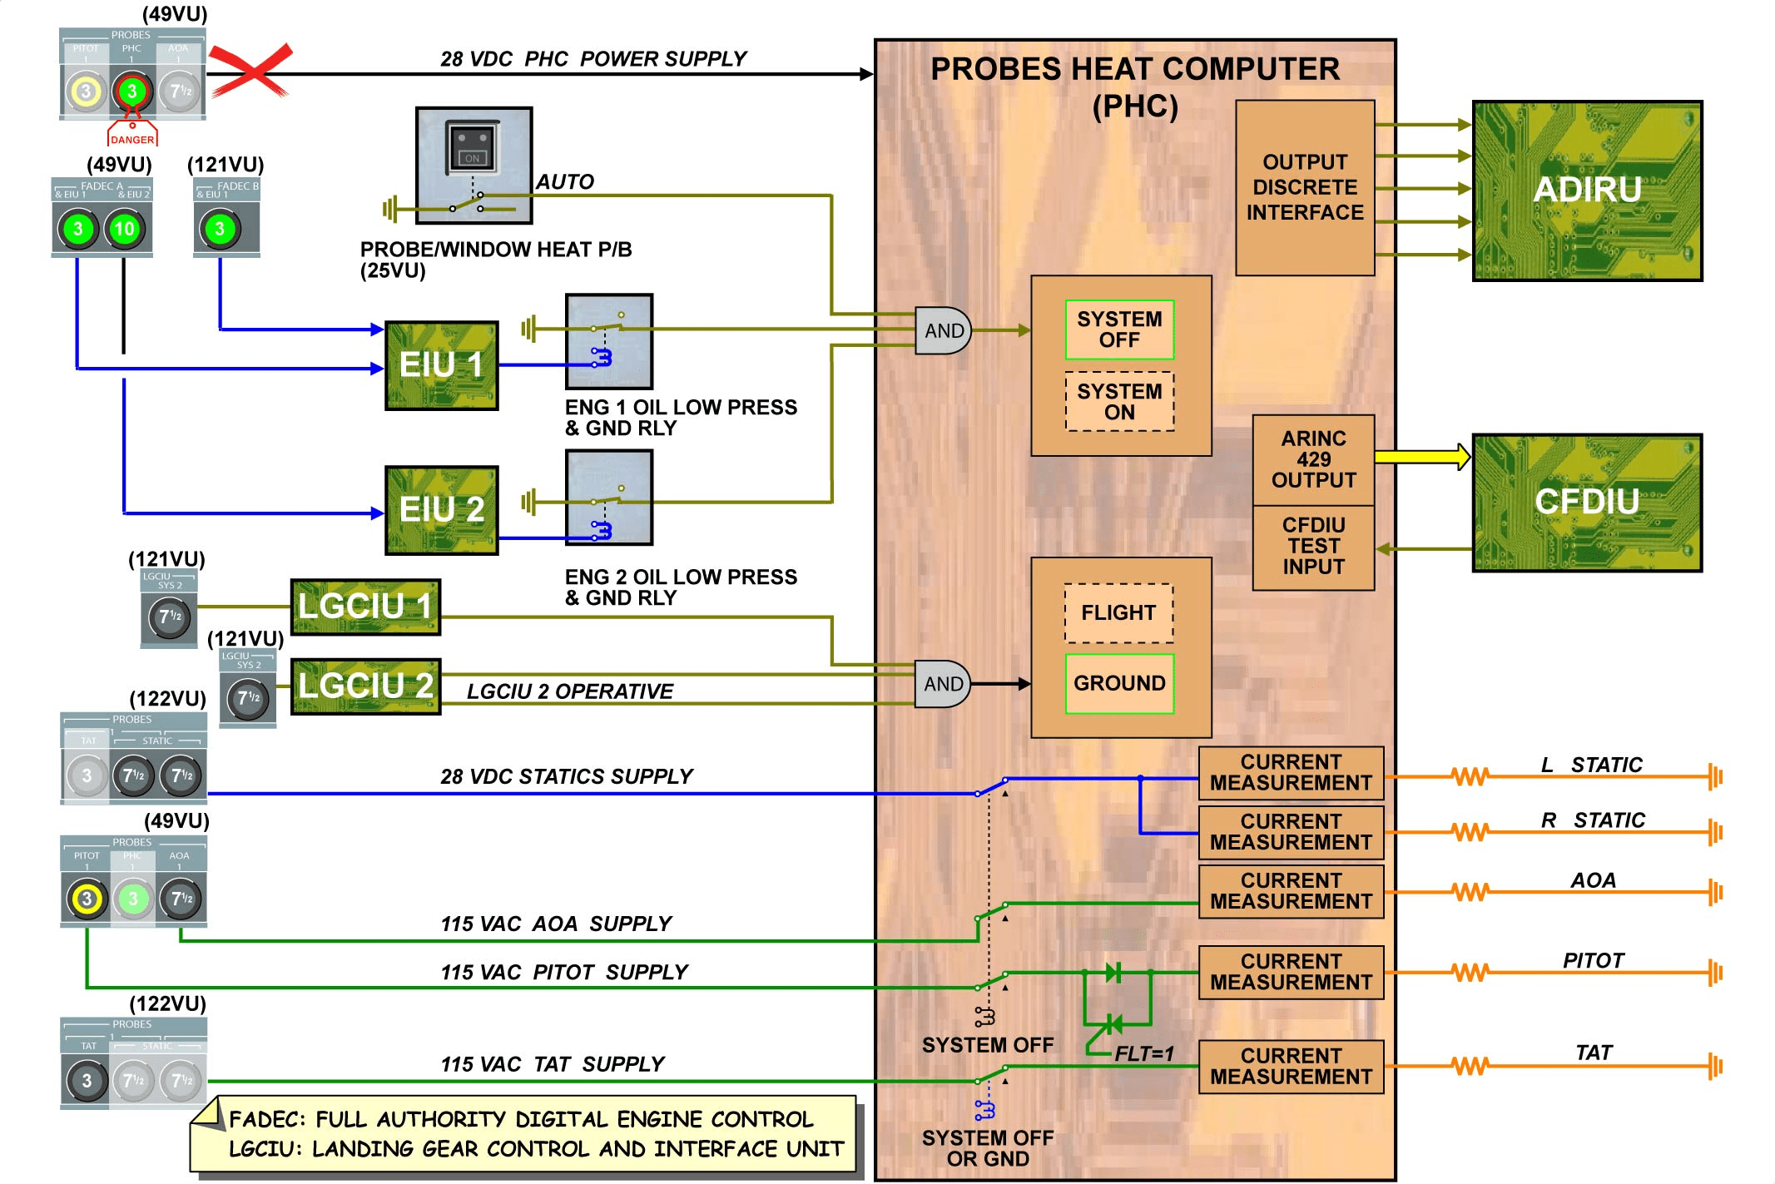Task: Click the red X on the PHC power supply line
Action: (250, 70)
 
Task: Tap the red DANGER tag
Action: (132, 139)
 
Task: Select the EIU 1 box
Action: (441, 365)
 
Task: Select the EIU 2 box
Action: (441, 509)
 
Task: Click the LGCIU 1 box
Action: (365, 607)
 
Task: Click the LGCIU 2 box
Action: (365, 686)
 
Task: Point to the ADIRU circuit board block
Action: (1587, 191)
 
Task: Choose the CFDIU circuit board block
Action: (1587, 502)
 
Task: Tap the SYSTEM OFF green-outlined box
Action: (1119, 329)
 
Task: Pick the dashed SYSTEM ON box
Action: (1119, 401)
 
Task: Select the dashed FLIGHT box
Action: (1118, 613)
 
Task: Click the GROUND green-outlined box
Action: (1119, 683)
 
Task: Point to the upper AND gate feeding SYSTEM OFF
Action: (943, 330)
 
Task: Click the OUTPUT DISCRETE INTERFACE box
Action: (1304, 187)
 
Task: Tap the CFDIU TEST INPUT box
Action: (1313, 547)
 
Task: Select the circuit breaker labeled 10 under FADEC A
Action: (124, 229)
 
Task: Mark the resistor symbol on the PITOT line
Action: (1470, 972)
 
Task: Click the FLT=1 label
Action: (1144, 1053)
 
